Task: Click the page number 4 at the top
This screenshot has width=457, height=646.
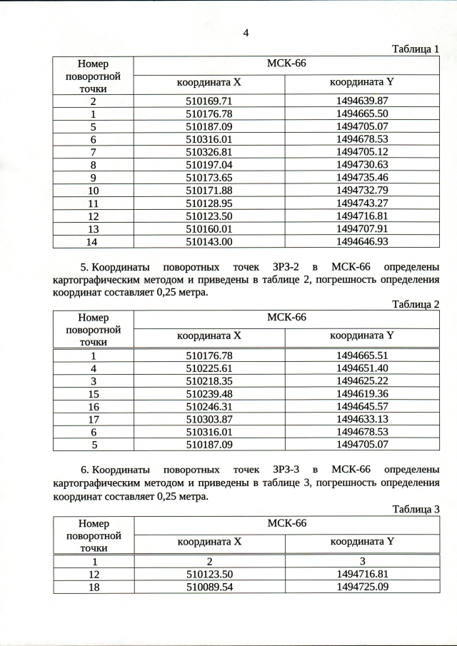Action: point(246,32)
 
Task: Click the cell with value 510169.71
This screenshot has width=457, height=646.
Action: point(209,101)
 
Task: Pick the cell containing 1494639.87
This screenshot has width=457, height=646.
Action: point(361,101)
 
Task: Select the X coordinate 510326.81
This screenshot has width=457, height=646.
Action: point(209,152)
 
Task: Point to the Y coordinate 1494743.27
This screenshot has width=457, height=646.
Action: point(361,203)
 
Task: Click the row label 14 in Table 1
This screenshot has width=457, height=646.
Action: point(93,242)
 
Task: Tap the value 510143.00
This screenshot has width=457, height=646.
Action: point(209,242)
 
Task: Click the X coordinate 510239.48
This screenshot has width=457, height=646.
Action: point(209,394)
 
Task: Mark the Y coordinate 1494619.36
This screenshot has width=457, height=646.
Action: point(361,394)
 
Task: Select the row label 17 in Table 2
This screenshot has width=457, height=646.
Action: point(93,420)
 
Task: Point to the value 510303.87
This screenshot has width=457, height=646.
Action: point(209,420)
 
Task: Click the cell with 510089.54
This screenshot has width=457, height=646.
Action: point(209,586)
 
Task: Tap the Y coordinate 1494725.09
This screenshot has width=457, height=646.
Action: point(361,586)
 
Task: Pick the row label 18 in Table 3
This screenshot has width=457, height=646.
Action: point(93,586)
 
